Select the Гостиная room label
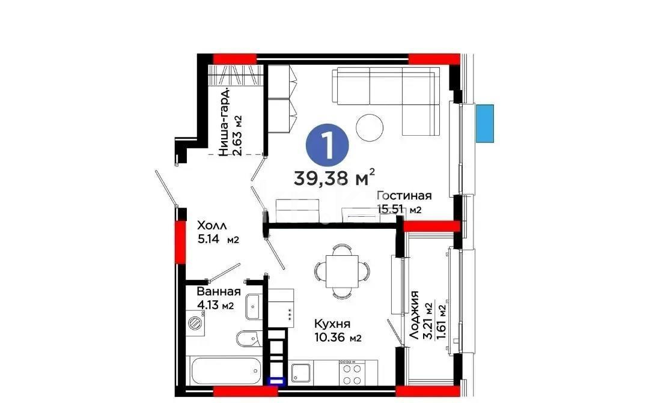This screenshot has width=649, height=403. click(x=404, y=196)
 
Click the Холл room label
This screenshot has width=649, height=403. click(x=212, y=226)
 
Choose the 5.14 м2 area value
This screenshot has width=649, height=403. click(x=218, y=240)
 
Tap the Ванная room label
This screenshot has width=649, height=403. click(x=219, y=292)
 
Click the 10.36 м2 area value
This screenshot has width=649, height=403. click(x=337, y=338)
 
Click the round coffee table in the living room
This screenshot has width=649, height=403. click(x=370, y=126)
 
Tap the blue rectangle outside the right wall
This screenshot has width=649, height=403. click(x=485, y=123)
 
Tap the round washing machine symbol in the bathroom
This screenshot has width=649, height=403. click(x=197, y=323)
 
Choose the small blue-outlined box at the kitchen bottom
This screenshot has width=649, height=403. click(x=276, y=380)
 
